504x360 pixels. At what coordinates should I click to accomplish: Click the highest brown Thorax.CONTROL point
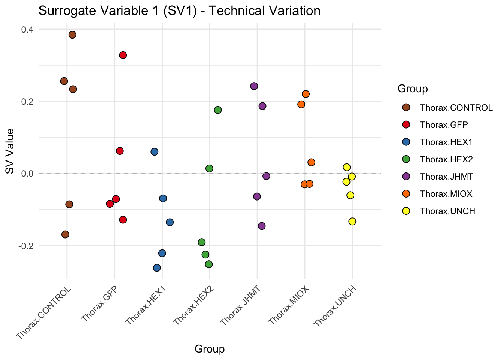tap(72, 35)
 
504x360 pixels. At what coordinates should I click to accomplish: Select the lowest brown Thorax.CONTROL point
tap(65, 234)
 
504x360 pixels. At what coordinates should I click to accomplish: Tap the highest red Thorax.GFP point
tap(123, 55)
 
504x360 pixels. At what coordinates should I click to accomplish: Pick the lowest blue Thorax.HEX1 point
tap(157, 268)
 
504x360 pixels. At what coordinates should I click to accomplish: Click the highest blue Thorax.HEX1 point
tap(154, 152)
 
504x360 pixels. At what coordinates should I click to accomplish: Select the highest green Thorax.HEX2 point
tap(218, 110)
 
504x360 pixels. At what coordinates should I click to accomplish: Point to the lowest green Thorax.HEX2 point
tap(209, 264)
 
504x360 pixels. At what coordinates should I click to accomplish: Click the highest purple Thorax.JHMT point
tap(254, 86)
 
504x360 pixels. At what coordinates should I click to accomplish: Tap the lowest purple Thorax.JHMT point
tap(262, 226)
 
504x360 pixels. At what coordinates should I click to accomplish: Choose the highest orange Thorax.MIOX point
tap(306, 94)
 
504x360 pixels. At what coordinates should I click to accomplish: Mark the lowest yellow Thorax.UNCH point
tap(352, 222)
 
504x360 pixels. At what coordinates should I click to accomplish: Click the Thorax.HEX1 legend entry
tap(446, 142)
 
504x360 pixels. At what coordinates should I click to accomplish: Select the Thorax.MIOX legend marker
tap(406, 194)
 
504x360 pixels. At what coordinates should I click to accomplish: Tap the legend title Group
tap(412, 89)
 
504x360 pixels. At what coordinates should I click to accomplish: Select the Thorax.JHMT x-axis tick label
tap(240, 305)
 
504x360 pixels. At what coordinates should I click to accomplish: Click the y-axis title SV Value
tap(10, 151)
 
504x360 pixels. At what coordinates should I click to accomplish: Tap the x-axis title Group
tap(210, 349)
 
